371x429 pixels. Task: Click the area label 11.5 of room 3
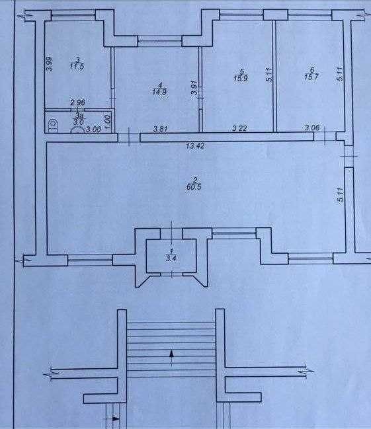pos(77,66)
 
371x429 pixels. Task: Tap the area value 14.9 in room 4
pos(159,91)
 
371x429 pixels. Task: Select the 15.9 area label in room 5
pos(241,79)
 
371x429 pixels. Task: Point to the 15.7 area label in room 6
pos(311,77)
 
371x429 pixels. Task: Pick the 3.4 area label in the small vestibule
pos(171,258)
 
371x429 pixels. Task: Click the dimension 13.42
pos(195,146)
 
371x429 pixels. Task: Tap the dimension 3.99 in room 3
pos(50,63)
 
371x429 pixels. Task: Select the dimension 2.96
pos(78,102)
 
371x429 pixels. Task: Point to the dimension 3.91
pos(194,87)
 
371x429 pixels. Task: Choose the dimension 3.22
pos(239,128)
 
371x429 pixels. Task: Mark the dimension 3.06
pos(312,127)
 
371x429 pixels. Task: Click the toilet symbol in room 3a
pos(52,126)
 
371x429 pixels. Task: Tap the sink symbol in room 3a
pos(77,130)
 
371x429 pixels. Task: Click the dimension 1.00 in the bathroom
pos(108,122)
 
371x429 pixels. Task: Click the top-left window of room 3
pos(73,16)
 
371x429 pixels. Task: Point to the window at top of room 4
pos(159,42)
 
